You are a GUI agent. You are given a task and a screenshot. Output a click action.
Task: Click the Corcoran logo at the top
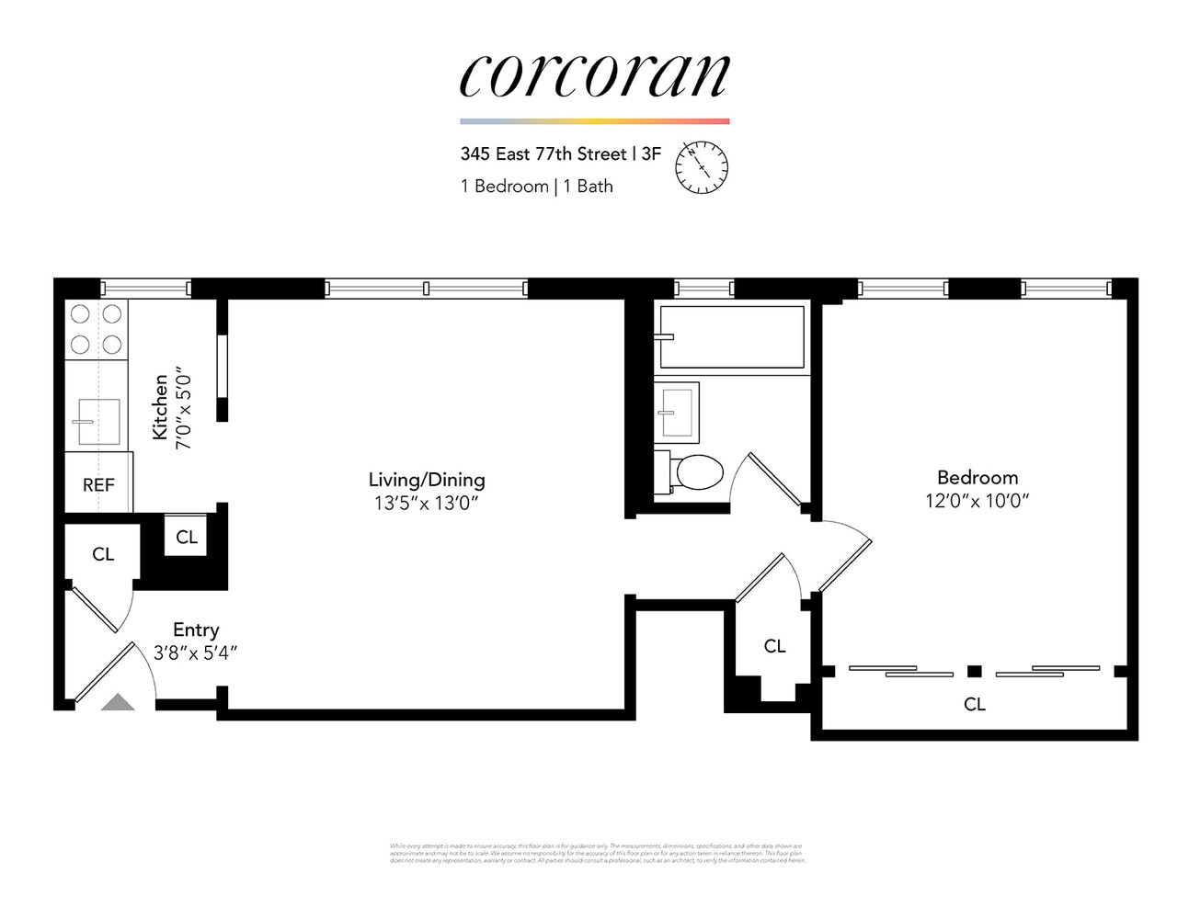(594, 75)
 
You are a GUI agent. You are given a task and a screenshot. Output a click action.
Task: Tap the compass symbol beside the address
(702, 167)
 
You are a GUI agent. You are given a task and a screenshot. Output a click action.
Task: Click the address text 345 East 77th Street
(543, 154)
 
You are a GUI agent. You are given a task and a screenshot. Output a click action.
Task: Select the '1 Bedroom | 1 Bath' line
(536, 187)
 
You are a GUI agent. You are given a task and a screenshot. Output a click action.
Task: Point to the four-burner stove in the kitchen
(97, 329)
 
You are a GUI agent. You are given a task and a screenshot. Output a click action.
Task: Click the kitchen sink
(98, 422)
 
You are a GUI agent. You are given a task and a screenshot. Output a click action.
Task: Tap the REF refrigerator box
(98, 484)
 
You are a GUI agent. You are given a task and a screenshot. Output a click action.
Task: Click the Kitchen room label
(161, 407)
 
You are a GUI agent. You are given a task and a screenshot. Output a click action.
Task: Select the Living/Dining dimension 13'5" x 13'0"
(426, 504)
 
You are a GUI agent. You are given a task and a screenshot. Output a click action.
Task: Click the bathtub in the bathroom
(732, 337)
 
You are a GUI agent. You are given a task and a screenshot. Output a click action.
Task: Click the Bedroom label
(977, 478)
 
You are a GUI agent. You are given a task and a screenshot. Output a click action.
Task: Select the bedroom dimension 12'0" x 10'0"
(977, 501)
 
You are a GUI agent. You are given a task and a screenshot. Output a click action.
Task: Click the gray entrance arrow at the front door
(118, 702)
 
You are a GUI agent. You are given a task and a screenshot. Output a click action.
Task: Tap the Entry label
(196, 630)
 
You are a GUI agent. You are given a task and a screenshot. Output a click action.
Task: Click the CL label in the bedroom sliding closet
(975, 704)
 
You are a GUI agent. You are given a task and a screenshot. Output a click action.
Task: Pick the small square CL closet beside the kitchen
(186, 538)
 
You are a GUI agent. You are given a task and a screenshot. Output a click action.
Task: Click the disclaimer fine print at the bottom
(597, 853)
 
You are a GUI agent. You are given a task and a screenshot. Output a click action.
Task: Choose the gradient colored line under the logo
(594, 121)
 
